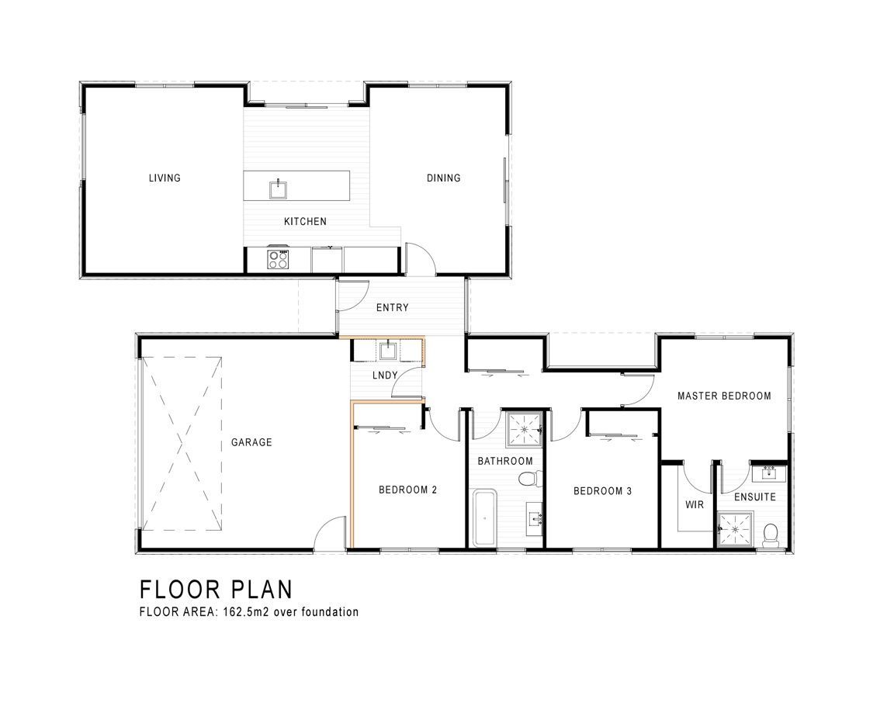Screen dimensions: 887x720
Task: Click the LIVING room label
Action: (x=165, y=178)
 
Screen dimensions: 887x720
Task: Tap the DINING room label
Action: (x=444, y=178)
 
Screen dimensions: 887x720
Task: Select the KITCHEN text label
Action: (x=305, y=221)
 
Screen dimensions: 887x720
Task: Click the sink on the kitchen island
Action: (x=278, y=189)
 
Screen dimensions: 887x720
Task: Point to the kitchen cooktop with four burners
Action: (x=278, y=260)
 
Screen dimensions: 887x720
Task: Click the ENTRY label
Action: (x=393, y=307)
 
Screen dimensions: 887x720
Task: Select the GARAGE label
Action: (x=251, y=442)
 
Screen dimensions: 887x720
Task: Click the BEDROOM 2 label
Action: (x=408, y=490)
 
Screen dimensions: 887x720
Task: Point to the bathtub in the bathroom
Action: (x=484, y=518)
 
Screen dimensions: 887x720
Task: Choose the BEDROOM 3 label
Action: (x=602, y=491)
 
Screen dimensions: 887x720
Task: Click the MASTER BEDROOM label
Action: (x=724, y=396)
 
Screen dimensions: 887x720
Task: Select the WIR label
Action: (x=695, y=504)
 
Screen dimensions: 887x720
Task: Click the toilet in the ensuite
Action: (x=771, y=535)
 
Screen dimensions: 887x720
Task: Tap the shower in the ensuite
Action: (x=735, y=529)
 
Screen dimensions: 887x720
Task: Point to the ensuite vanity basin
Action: (x=769, y=472)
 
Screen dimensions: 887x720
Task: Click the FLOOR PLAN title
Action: (x=216, y=590)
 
